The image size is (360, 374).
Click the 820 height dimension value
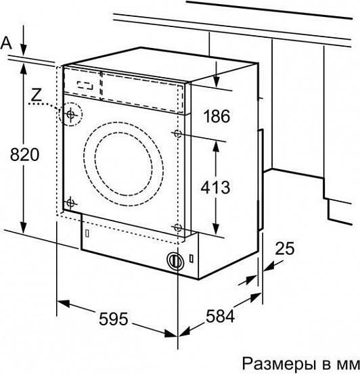pos(24,154)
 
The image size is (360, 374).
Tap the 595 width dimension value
pos(114,319)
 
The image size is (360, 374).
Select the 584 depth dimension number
pos(220,316)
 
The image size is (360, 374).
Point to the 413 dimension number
pos(215,187)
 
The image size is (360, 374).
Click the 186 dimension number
pos(217,116)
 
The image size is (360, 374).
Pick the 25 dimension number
pos(285,248)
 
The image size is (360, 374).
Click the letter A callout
pos(6,43)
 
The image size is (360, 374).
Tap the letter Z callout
pos(37,95)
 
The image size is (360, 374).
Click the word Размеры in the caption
pos(279,364)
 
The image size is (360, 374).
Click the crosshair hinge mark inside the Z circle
pos(70,114)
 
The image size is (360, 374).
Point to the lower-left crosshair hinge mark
pos(70,203)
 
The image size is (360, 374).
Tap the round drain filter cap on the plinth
pos(175,260)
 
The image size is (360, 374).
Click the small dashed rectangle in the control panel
pos(85,85)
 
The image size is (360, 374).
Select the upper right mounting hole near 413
pos(177,133)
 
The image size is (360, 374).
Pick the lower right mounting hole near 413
pos(177,227)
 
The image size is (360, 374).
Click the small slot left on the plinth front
pos(87,233)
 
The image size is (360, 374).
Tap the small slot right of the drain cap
pos(192,259)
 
